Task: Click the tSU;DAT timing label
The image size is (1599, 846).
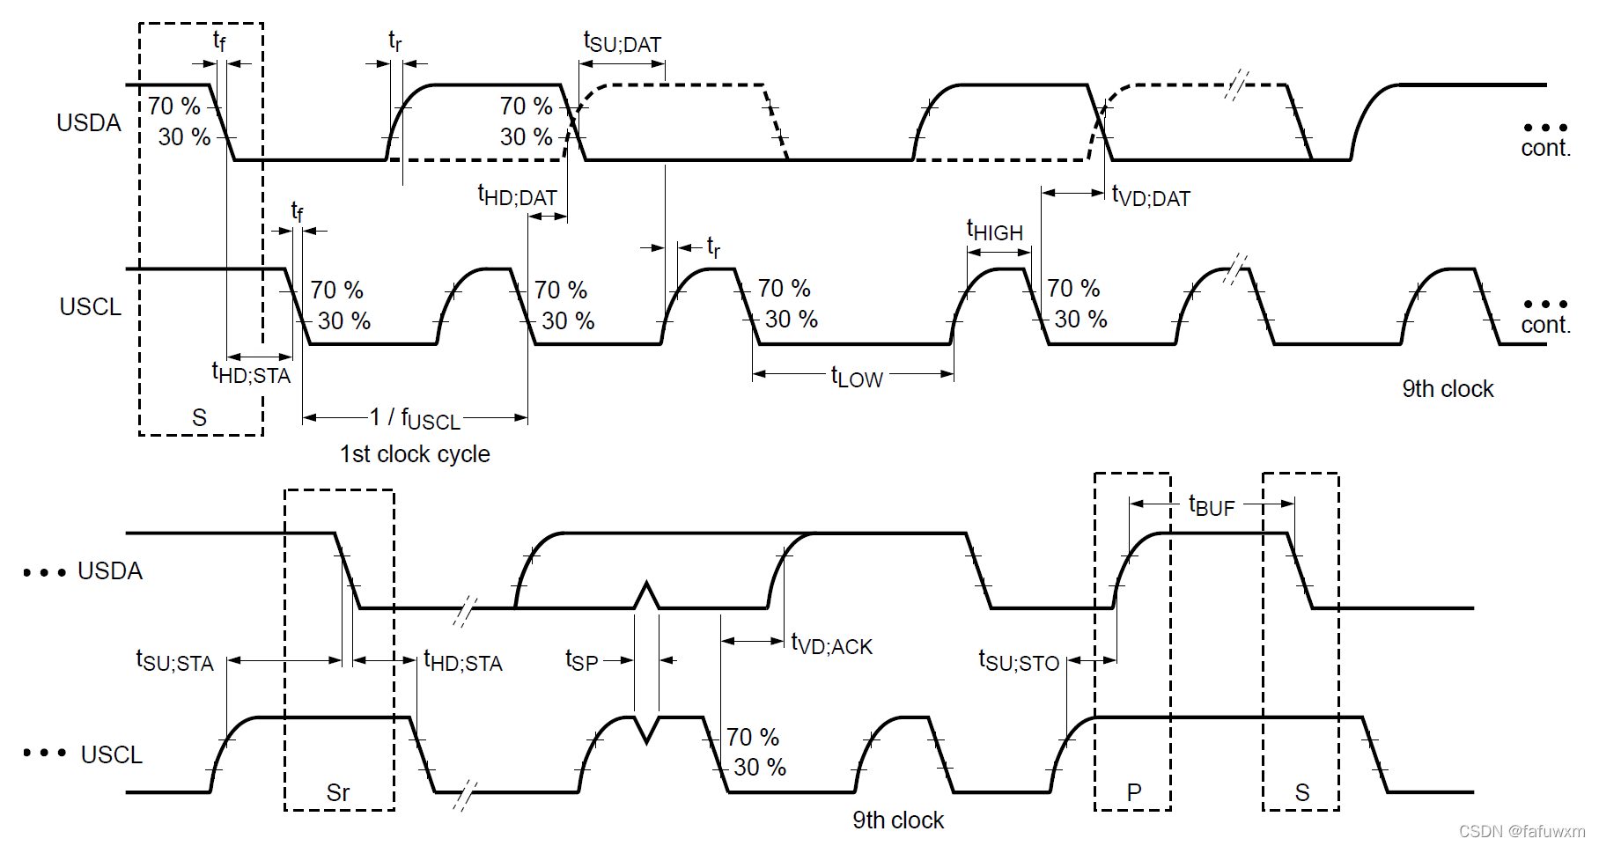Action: [622, 42]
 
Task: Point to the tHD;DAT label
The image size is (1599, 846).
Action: [517, 195]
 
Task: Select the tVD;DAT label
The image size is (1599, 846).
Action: [1151, 196]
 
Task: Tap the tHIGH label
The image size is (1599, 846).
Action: [995, 231]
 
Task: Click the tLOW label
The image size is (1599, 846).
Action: [857, 378]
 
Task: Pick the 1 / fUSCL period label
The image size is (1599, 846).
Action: [415, 418]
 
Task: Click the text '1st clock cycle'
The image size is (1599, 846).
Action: [415, 454]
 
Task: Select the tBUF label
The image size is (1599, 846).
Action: [1212, 505]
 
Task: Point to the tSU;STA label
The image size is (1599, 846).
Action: [174, 661]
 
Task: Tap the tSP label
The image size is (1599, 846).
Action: [581, 660]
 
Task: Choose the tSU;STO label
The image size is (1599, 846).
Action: [1019, 661]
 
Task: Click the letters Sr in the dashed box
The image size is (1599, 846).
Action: [338, 792]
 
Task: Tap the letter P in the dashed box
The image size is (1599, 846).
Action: [1134, 792]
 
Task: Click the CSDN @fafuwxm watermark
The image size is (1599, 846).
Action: [1522, 831]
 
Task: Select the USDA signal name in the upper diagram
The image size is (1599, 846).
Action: [89, 123]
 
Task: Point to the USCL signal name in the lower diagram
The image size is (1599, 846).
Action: [112, 755]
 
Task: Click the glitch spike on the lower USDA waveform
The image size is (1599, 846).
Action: [647, 594]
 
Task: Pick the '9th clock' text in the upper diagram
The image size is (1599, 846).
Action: [1448, 389]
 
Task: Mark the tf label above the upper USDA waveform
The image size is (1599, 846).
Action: [219, 40]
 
